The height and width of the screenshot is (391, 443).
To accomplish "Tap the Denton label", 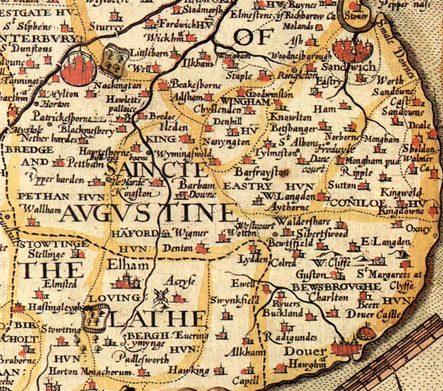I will pos(178,248).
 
